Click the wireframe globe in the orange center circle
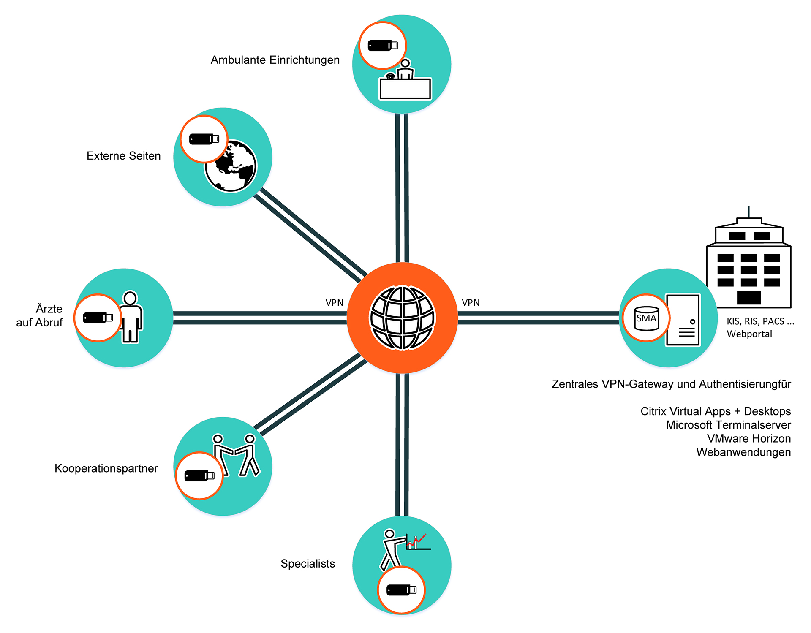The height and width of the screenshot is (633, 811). (x=402, y=318)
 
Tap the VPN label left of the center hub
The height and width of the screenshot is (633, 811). (x=334, y=303)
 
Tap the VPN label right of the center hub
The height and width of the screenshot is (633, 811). (x=471, y=303)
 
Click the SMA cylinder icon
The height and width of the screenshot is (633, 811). (x=646, y=318)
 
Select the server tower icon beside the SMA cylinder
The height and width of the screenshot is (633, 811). (x=683, y=320)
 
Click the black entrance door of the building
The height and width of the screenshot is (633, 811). (x=748, y=297)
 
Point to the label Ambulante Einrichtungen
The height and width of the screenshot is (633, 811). (x=275, y=60)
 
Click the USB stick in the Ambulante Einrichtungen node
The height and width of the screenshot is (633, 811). (x=383, y=45)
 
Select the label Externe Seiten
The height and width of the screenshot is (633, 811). (x=123, y=156)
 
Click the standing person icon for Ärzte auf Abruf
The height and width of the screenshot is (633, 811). (x=131, y=317)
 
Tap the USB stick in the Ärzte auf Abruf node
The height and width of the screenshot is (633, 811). (x=98, y=318)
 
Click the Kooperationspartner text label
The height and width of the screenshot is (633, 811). (x=106, y=468)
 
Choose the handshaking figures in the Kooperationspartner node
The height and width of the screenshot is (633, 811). (x=235, y=455)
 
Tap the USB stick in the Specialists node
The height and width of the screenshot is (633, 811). (x=401, y=590)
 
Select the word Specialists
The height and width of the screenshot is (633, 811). (x=308, y=564)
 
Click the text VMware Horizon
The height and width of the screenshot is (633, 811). (x=748, y=438)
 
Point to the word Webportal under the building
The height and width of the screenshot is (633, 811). (x=749, y=334)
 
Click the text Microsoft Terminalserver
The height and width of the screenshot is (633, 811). (x=728, y=425)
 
